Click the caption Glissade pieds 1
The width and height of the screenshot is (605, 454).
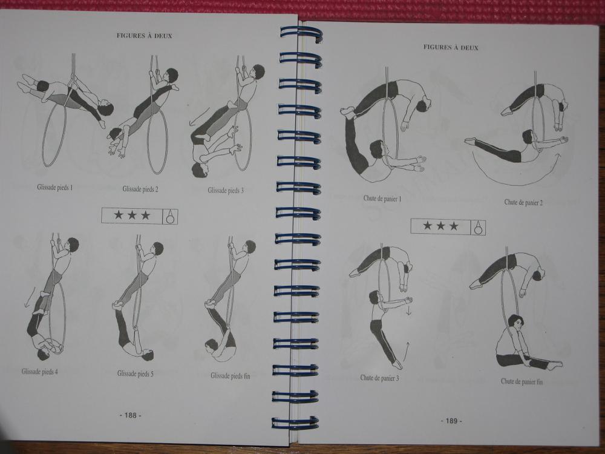[55, 188]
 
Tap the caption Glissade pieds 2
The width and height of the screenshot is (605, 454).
[140, 189]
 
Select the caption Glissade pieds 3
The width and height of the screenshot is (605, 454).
[226, 190]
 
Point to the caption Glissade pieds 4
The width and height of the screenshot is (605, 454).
[40, 372]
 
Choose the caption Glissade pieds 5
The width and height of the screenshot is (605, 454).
[136, 373]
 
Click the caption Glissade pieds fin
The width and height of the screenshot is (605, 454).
[231, 376]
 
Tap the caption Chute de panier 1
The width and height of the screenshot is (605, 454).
[382, 199]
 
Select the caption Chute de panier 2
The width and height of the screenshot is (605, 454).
[523, 202]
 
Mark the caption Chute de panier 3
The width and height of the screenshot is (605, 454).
[380, 378]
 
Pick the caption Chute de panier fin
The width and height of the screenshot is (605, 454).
[522, 381]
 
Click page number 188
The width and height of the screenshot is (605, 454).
[131, 415]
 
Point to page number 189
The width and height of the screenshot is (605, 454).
[451, 421]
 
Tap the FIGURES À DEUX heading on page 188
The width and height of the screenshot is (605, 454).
[145, 36]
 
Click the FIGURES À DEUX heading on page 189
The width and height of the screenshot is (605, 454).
[451, 47]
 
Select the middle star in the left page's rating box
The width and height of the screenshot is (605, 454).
[132, 215]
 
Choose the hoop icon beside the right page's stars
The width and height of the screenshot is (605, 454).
[479, 228]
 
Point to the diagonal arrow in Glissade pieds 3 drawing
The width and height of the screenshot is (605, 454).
[200, 116]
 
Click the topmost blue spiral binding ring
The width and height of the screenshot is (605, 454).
[301, 35]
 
